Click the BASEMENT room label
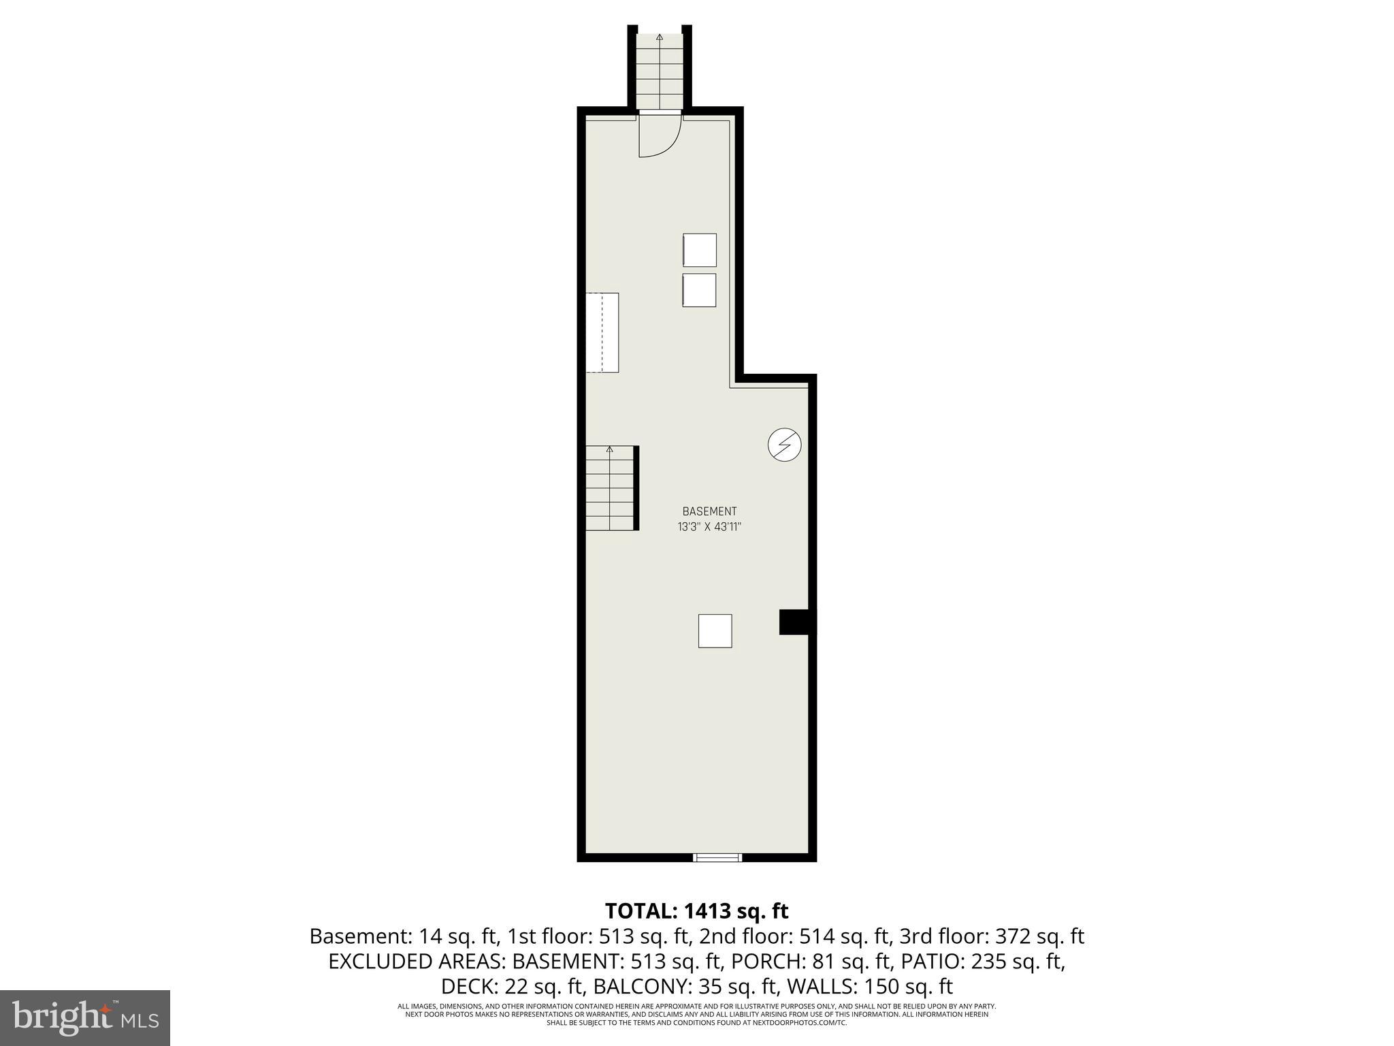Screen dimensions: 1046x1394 [709, 511]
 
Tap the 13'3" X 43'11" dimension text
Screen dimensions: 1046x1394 [709, 526]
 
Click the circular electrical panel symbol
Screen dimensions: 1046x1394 [784, 445]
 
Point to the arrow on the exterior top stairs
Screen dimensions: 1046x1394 [659, 39]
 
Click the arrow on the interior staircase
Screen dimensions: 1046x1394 [609, 449]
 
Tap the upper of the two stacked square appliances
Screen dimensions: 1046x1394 [700, 250]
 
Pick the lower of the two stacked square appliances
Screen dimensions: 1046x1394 [700, 290]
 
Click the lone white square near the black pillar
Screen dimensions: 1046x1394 [715, 631]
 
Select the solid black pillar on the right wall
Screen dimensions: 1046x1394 [794, 622]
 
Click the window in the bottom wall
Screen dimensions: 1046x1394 [717, 857]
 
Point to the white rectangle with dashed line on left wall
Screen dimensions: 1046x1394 [602, 332]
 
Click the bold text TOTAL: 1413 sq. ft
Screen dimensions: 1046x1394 [696, 910]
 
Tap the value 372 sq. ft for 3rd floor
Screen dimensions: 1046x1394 [1039, 936]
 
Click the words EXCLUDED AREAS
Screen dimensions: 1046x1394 [417, 962]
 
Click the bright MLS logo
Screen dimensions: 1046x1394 [85, 1017]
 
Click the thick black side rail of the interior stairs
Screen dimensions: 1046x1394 [636, 488]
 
